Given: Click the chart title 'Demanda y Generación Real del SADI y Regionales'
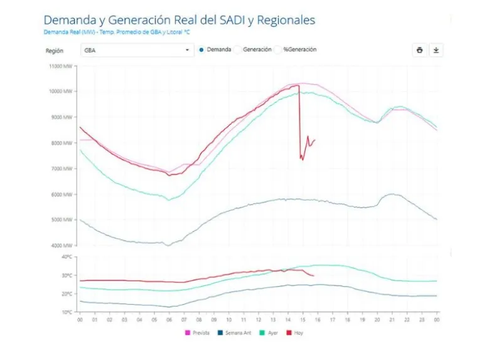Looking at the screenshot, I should [x=179, y=20].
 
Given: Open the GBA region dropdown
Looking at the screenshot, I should [x=137, y=50].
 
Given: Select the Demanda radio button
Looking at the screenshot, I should [x=201, y=50].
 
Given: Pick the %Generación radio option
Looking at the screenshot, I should [x=278, y=50].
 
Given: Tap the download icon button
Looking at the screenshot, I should [x=436, y=50].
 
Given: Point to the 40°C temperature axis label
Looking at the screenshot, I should [x=67, y=257].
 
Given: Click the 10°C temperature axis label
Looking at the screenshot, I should [x=67, y=312].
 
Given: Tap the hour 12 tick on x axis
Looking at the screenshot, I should [x=258, y=319].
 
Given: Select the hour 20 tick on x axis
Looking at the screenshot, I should [x=377, y=319].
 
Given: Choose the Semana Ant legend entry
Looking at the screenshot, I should [x=236, y=332].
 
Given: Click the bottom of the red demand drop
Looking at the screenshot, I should [x=302, y=159].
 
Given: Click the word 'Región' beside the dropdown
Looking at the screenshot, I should [x=54, y=50].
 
